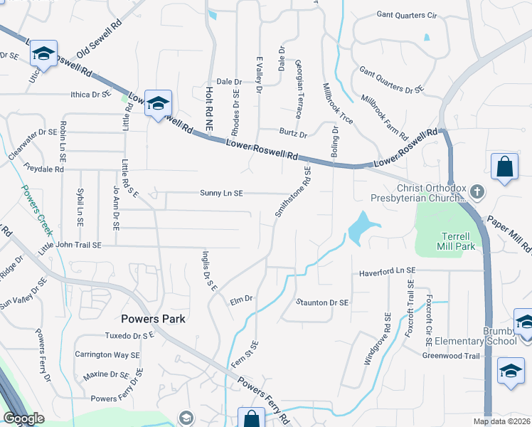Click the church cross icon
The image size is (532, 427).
(x=477, y=191)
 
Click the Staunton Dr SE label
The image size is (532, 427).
(x=322, y=302)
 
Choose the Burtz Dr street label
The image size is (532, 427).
(x=293, y=134)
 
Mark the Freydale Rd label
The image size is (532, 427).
(x=43, y=169)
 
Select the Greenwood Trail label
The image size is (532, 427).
(x=452, y=356)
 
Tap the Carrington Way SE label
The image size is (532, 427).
(x=103, y=354)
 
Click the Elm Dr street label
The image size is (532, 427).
(x=241, y=300)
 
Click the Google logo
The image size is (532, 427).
(x=23, y=418)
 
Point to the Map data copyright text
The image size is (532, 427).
(x=501, y=421)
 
